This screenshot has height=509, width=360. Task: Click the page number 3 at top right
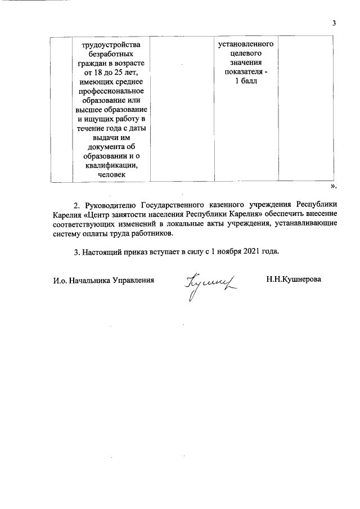tap(334, 23)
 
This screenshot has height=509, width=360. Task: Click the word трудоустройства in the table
tap(109, 44)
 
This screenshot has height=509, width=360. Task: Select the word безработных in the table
tap(109, 54)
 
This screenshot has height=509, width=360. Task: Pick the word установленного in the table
tap(246, 44)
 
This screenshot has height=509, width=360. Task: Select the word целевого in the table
tap(246, 54)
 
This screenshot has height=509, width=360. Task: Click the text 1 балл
tap(246, 82)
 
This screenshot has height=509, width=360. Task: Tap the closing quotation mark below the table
tap(334, 185)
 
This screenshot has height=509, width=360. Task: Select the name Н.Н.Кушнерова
tap(294, 280)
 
